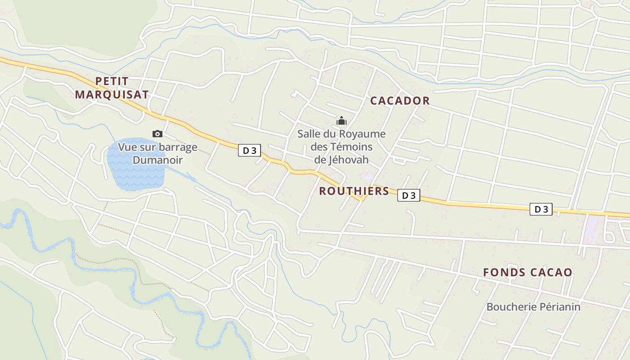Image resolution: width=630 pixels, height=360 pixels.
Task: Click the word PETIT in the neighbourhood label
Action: click(x=112, y=81)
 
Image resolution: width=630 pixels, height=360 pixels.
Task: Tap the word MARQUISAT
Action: click(x=112, y=94)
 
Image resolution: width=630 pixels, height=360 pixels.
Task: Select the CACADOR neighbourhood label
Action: click(x=400, y=101)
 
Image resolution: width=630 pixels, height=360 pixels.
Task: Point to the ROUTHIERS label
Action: click(x=354, y=191)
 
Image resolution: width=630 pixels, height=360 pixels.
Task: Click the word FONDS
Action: click(x=504, y=272)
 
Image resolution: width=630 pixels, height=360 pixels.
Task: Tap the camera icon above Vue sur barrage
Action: click(x=157, y=134)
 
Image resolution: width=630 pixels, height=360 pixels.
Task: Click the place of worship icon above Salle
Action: click(x=342, y=121)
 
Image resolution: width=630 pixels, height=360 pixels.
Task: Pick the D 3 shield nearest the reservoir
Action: click(x=249, y=151)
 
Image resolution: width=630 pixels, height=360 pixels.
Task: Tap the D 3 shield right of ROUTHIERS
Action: click(x=409, y=195)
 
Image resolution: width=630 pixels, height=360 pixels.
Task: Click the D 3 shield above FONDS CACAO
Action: click(x=541, y=209)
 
